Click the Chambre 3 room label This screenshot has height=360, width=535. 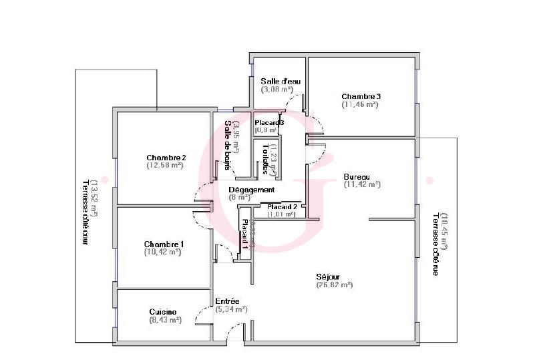(x=360, y=96)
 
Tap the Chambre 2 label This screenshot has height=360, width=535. (x=166, y=158)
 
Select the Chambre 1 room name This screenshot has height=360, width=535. (x=163, y=244)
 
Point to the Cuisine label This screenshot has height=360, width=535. (x=163, y=312)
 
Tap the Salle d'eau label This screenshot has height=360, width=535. (x=281, y=81)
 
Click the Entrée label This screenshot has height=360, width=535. (x=227, y=301)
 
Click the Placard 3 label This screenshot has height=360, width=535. (x=270, y=123)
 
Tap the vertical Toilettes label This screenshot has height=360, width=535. (x=266, y=159)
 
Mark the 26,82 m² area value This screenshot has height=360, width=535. (x=334, y=285)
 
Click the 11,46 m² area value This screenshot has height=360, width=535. (x=360, y=104)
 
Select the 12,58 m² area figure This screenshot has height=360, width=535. (x=166, y=166)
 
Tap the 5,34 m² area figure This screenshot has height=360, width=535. (x=232, y=309)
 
